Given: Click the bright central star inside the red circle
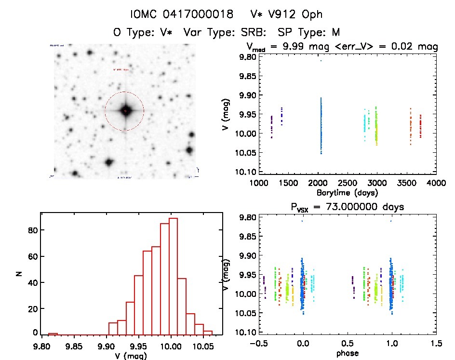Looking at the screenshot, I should tap(125, 111).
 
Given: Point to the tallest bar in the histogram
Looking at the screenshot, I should tap(174, 275).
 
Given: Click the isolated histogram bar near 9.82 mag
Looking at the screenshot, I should tap(53, 333).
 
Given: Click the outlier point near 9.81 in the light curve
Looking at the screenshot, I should tap(321, 60).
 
